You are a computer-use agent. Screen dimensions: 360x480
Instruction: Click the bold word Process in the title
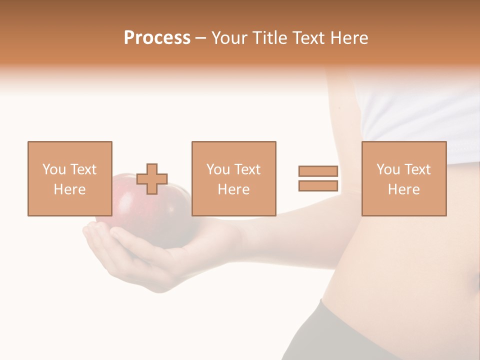(x=157, y=38)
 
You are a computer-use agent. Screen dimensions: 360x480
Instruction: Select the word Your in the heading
(x=230, y=38)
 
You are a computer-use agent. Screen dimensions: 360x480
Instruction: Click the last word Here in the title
(x=350, y=38)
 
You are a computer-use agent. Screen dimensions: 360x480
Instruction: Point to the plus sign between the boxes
(x=152, y=179)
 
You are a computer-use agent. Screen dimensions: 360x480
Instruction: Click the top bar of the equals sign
(x=318, y=171)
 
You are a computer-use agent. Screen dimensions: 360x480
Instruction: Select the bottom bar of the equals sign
(x=318, y=185)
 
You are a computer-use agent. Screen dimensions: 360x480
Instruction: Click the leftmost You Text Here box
(x=69, y=178)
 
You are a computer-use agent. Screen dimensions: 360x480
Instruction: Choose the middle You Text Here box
(x=233, y=178)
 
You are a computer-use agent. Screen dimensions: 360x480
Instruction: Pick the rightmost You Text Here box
(x=403, y=178)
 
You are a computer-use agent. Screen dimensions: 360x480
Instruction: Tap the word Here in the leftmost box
(x=69, y=189)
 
